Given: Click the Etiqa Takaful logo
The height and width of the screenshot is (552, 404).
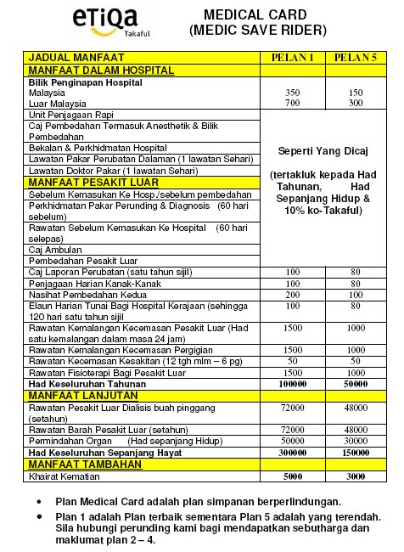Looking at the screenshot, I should (60, 24).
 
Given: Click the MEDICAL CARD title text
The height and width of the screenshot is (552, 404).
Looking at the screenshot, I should (257, 14).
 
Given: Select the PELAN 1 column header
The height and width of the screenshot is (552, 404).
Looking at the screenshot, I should (293, 57).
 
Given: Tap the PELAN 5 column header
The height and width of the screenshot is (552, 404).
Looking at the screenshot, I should (351, 57).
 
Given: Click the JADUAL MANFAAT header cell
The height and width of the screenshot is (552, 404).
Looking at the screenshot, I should (67, 57).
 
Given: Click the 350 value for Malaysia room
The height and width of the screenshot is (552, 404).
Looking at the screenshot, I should (293, 92).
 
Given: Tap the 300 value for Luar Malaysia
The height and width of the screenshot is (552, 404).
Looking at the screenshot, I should (351, 103).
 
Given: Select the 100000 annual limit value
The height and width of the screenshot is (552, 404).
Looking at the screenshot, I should (293, 383).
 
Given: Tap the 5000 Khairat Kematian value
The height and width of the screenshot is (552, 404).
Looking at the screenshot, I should (293, 477).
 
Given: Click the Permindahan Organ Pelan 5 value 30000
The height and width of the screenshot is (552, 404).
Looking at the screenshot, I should (351, 442).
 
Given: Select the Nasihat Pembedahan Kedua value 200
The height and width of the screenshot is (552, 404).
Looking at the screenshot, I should (293, 294).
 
